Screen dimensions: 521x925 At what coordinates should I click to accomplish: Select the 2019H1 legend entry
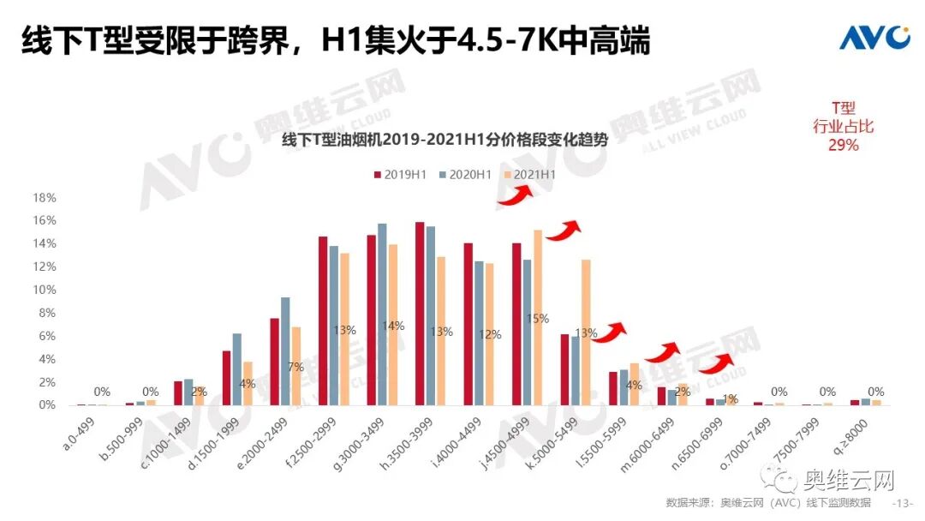pos(401,174)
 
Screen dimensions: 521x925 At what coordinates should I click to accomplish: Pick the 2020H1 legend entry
pos(465,174)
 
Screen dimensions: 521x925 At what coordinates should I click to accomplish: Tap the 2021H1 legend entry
pos(530,174)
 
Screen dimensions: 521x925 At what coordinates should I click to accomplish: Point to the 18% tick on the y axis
pos(45,198)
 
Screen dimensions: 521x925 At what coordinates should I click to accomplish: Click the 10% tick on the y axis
pos(45,290)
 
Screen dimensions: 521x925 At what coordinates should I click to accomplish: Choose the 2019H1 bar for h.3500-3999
pos(420,314)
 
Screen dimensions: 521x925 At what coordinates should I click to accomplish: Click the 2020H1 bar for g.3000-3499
pos(382,314)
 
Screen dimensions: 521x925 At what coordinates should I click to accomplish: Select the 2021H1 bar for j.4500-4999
pos(538,317)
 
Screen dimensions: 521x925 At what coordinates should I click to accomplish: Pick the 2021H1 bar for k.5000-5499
pos(586,332)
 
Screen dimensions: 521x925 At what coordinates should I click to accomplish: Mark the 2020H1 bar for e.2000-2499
pos(285,351)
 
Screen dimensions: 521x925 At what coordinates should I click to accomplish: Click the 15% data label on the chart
pos(537,319)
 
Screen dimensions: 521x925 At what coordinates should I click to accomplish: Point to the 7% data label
pos(295,367)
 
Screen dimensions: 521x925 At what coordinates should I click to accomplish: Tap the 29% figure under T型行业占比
pos(843,146)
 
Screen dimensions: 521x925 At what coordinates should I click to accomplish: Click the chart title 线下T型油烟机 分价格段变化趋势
pos(445,141)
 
